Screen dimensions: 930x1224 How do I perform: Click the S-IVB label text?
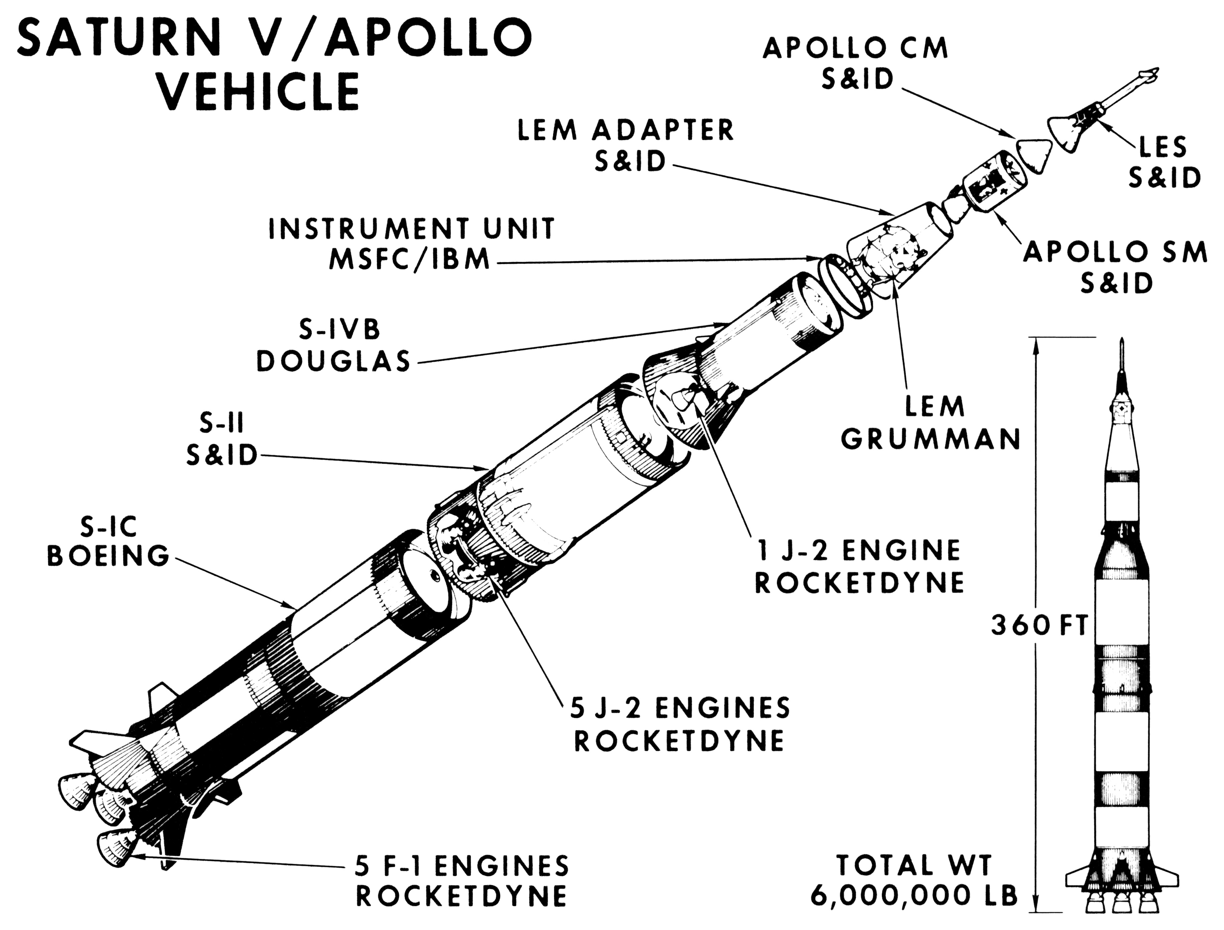tap(339, 330)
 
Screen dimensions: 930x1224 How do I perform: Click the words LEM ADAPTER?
tap(626, 131)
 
